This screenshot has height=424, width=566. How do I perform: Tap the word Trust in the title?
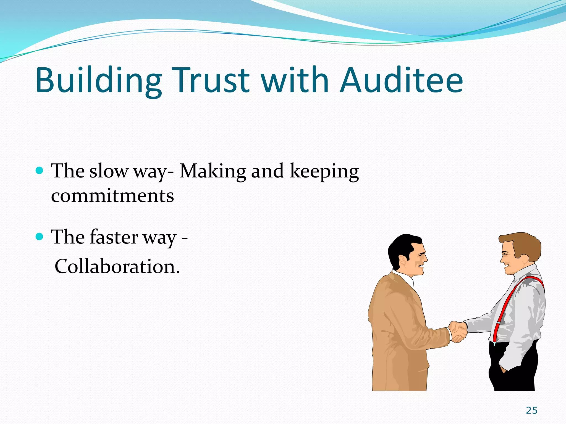[211, 81]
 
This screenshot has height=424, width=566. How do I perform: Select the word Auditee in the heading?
[401, 81]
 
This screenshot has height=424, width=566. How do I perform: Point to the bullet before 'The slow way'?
[40, 170]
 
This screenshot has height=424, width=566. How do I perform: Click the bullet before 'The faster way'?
[40, 237]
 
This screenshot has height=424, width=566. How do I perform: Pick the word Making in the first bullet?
[213, 171]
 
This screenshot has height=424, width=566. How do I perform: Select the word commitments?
[112, 196]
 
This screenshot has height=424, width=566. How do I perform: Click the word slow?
[109, 171]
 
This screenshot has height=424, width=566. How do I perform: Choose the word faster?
[114, 237]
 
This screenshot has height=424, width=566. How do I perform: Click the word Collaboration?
[117, 267]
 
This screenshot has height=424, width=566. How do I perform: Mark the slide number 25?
[531, 410]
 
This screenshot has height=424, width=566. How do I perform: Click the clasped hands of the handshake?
[458, 331]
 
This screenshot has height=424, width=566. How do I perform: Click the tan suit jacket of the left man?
[398, 331]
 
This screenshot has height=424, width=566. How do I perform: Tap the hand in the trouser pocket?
[504, 369]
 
